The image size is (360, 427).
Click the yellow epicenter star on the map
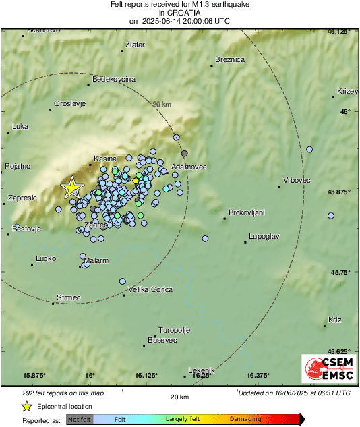(71, 188)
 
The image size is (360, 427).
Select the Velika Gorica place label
(149, 289)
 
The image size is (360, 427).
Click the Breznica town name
(229, 59)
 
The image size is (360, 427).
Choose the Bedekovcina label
(114, 79)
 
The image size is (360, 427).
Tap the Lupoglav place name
(264, 236)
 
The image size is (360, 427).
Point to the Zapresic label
(22, 198)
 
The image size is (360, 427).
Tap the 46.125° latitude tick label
(339, 32)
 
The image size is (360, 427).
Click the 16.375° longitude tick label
(258, 375)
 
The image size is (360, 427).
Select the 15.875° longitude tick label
(34, 375)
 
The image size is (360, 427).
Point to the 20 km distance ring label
(162, 104)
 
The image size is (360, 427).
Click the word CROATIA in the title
(179, 13)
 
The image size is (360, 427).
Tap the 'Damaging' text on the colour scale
(245, 419)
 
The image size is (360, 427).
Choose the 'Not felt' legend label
(80, 419)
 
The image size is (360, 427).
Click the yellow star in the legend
(26, 406)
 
